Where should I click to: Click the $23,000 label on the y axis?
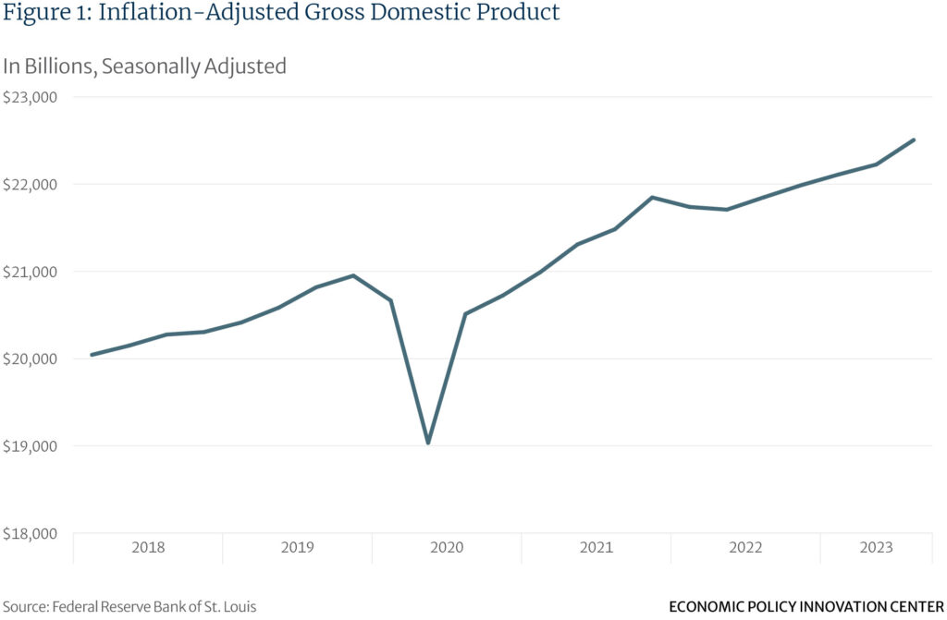click(31, 97)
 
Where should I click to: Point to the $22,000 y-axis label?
click(31, 184)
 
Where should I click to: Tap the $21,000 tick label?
click(31, 272)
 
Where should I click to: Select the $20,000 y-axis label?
click(31, 359)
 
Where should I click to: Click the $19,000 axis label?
click(31, 446)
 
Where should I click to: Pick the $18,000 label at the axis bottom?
click(31, 533)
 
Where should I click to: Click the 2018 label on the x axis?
click(148, 548)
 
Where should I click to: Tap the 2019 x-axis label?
click(297, 548)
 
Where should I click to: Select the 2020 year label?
click(447, 548)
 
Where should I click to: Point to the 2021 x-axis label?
click(596, 548)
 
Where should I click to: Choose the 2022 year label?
click(745, 548)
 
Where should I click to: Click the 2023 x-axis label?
click(876, 548)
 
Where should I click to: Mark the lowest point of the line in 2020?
click(428, 443)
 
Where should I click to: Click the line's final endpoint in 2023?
click(914, 140)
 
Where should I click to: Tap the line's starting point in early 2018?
click(91, 355)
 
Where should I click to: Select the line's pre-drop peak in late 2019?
click(353, 275)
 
